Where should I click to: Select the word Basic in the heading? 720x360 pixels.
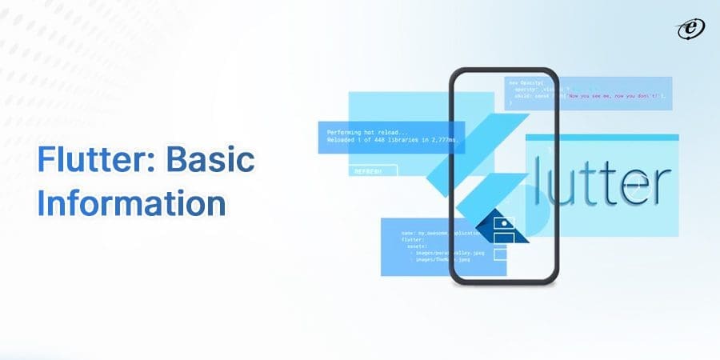210,162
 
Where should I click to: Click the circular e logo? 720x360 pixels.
689,29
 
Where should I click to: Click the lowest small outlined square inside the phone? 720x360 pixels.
501,254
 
